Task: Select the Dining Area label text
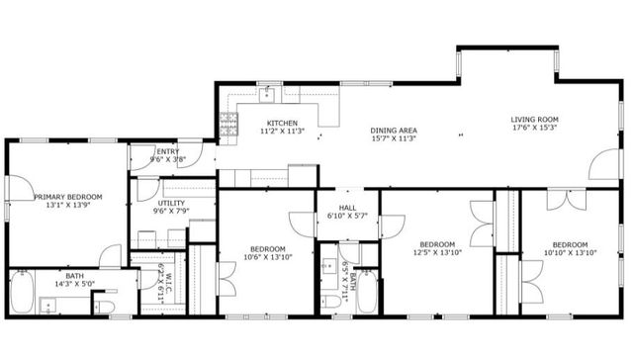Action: point(393,131)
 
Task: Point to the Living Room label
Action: point(535,119)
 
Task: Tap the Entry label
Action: point(167,151)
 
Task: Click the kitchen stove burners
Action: point(228,124)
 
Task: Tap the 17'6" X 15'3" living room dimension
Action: point(535,128)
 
